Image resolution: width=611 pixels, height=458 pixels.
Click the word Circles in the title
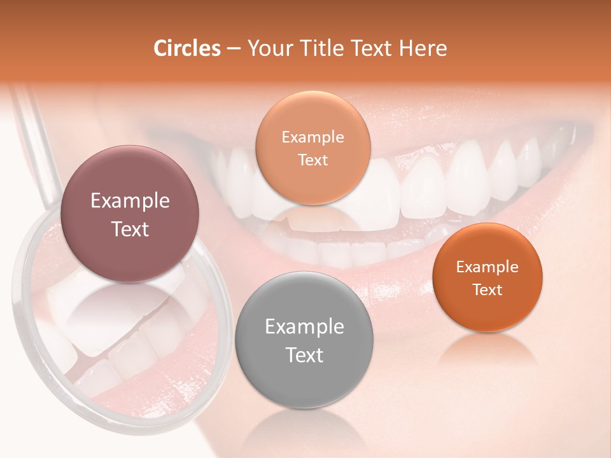(186, 48)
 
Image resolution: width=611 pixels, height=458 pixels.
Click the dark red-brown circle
(130, 214)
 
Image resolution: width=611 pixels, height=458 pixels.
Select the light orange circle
(313, 148)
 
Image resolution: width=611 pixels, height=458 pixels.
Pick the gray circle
(304, 340)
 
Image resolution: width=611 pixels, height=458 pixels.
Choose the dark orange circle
(487, 277)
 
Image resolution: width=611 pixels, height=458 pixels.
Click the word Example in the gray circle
(304, 327)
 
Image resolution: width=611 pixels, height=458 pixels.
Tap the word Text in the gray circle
(304, 355)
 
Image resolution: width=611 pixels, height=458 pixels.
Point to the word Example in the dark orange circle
(487, 267)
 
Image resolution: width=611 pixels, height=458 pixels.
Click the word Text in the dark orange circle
(487, 290)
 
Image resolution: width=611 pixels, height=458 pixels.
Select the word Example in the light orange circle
(313, 137)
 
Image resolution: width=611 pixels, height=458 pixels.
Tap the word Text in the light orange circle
(313, 160)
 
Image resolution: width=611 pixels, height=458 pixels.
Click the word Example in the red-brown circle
(130, 201)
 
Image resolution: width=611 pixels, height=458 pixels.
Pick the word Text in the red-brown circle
(130, 229)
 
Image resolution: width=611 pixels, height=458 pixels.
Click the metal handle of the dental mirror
(38, 146)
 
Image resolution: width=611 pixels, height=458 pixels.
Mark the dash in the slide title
(233, 49)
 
